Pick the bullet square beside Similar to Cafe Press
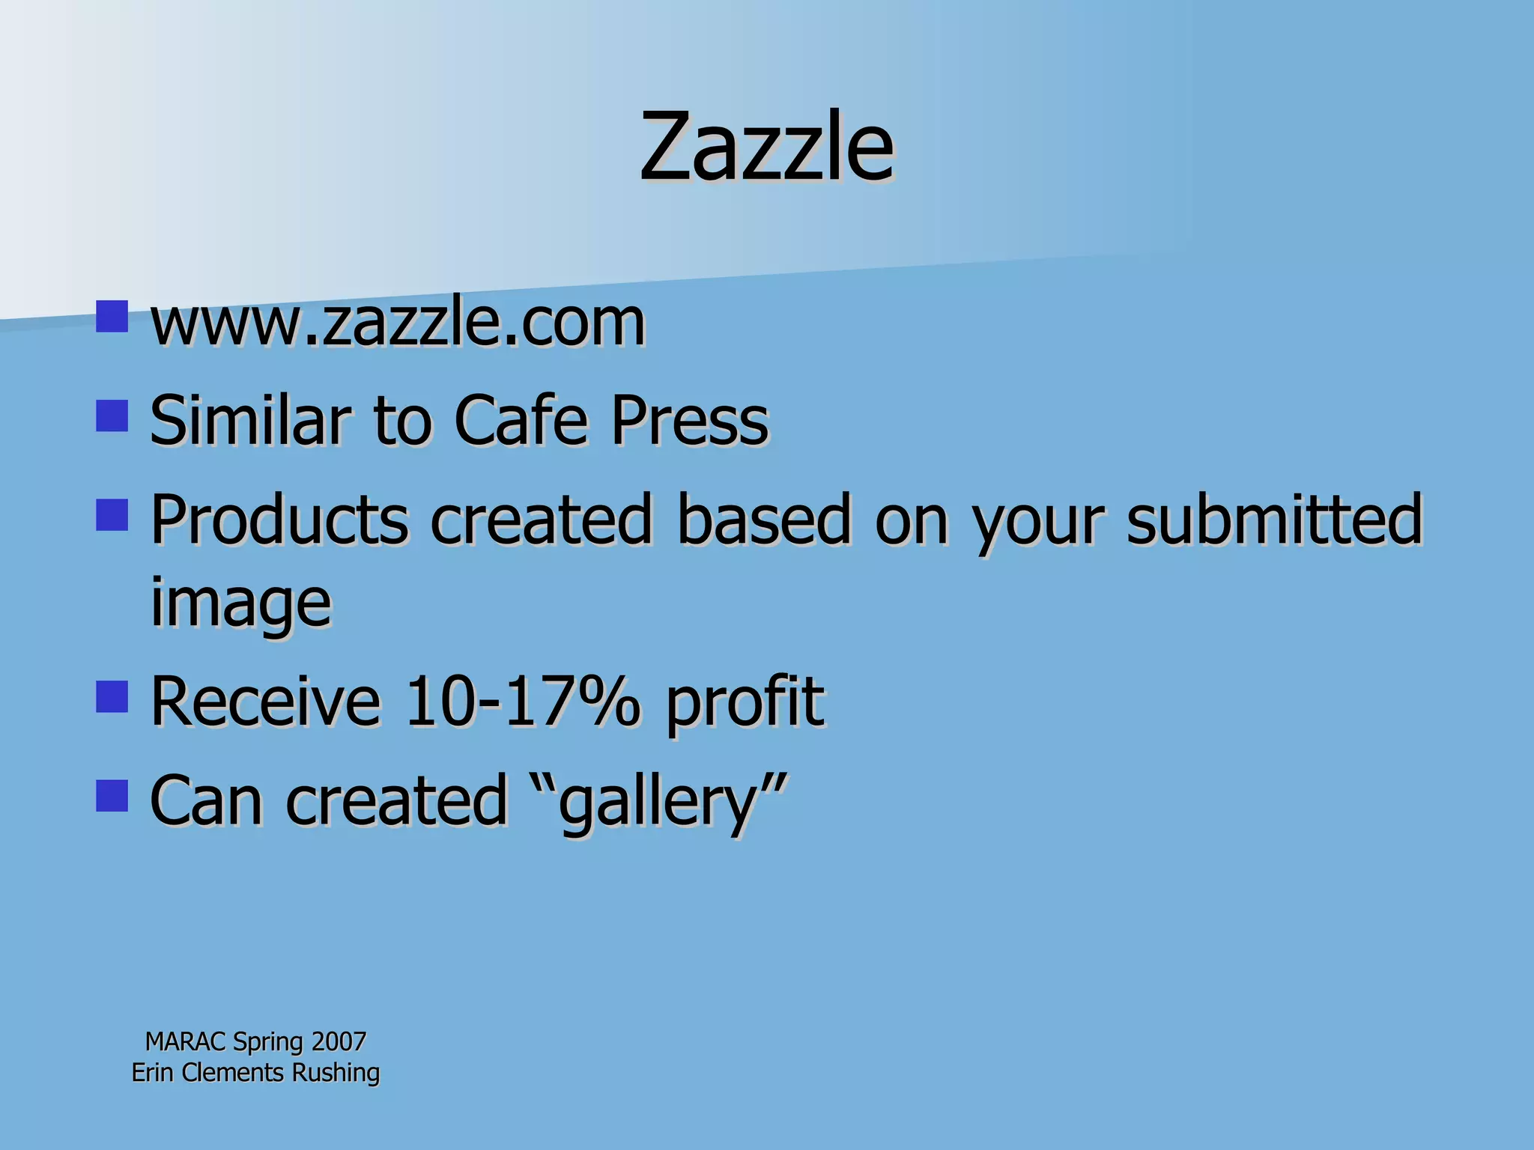[112, 416]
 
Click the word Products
[279, 519]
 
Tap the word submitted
[1274, 519]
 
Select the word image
[240, 603]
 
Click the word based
[764, 519]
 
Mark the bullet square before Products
[112, 515]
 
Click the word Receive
[266, 701]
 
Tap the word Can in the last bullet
[207, 800]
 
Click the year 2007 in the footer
[339, 1041]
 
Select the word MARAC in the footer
[185, 1041]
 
